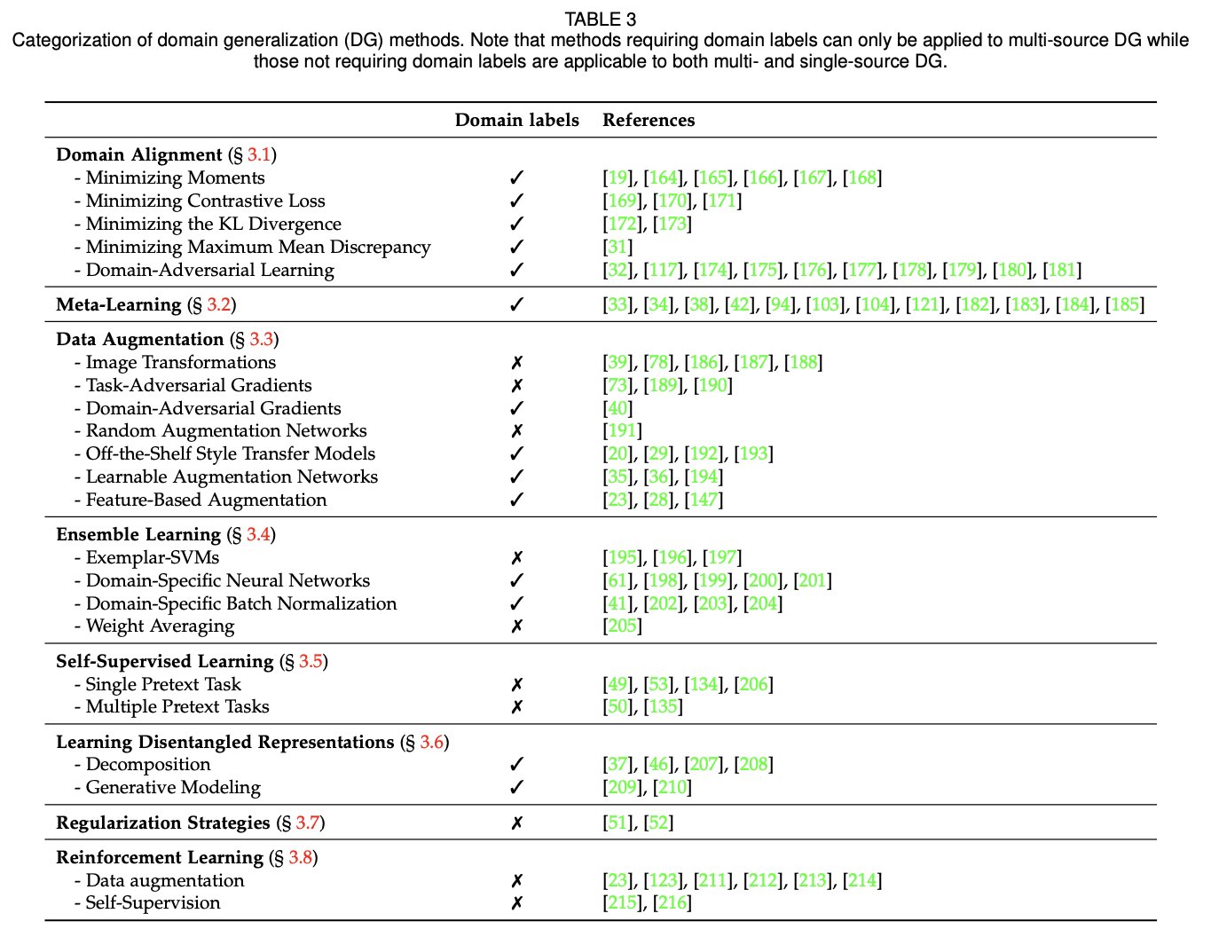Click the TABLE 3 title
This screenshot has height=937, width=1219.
[601, 19]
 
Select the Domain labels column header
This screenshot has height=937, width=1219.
[516, 120]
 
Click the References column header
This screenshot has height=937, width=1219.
[649, 120]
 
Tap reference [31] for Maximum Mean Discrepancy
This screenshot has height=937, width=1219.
[617, 247]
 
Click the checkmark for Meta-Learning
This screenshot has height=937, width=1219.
[517, 304]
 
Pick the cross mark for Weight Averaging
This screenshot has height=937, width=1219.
[517, 626]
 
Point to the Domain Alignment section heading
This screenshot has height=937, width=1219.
[139, 154]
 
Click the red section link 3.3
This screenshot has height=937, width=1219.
[262, 339]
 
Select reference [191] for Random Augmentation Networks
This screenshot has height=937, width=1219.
[622, 430]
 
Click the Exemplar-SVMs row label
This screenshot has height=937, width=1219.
[152, 557]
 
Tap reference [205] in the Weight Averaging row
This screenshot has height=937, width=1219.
[622, 626]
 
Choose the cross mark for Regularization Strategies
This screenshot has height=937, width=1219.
[517, 823]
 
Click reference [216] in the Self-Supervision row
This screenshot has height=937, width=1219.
[672, 902]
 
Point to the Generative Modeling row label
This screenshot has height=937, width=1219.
[173, 787]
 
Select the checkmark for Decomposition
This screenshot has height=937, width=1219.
[517, 764]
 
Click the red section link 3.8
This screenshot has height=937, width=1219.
[301, 857]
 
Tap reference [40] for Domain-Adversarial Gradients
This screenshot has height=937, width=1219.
[617, 408]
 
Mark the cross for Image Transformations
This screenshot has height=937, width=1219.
[517, 362]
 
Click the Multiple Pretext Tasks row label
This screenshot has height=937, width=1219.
[177, 706]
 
